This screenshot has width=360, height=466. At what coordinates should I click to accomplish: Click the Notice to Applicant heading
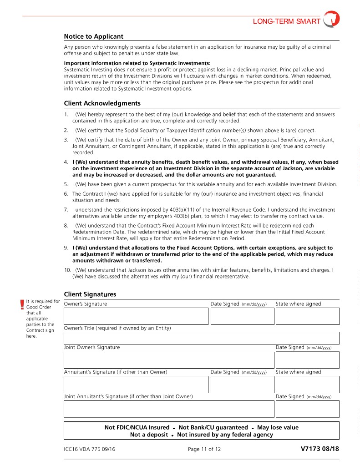[93, 36]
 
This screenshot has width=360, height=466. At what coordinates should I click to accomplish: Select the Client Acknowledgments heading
[102, 103]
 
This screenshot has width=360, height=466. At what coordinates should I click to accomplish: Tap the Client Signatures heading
[90, 294]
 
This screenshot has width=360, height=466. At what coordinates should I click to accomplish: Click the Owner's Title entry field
[202, 338]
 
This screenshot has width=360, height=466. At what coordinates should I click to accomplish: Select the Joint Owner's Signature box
[169, 360]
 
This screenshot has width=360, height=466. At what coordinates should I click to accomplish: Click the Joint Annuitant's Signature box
[169, 409]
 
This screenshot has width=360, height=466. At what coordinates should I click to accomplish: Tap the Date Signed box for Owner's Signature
[242, 316]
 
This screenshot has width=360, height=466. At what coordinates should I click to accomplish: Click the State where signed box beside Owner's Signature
[307, 316]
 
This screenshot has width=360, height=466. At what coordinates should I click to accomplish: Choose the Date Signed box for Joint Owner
[307, 360]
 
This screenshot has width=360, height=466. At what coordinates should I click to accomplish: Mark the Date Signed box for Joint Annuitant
[307, 409]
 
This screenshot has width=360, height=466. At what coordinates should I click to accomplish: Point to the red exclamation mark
[21, 305]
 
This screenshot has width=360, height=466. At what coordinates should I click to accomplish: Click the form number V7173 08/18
[319, 449]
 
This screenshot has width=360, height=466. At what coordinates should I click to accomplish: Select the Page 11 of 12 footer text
[204, 450]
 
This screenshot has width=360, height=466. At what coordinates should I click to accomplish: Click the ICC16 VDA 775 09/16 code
[90, 450]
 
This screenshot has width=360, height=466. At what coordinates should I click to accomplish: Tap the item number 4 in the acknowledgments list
[66, 162]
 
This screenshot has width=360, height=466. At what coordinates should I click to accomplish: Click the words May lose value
[278, 427]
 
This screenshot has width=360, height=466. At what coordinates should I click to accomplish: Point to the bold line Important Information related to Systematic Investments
[137, 63]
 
